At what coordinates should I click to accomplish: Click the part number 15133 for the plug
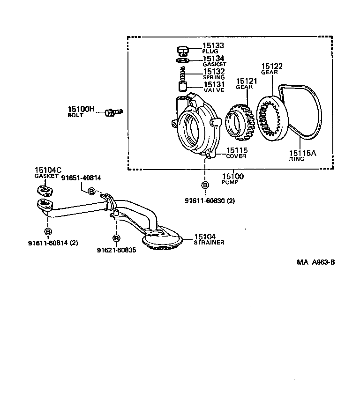pos(213,46)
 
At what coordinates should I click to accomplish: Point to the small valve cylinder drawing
pos(184,87)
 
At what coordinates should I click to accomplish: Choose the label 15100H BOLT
pos(81,111)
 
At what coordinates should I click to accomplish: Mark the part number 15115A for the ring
pos(302,153)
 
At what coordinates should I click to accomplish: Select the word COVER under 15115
pos(236,156)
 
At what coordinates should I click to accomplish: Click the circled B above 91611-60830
pos(205,185)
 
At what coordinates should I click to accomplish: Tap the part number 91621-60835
pos(116,250)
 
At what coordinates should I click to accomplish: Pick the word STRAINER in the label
pos(209,243)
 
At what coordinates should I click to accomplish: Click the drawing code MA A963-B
pos(315,262)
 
